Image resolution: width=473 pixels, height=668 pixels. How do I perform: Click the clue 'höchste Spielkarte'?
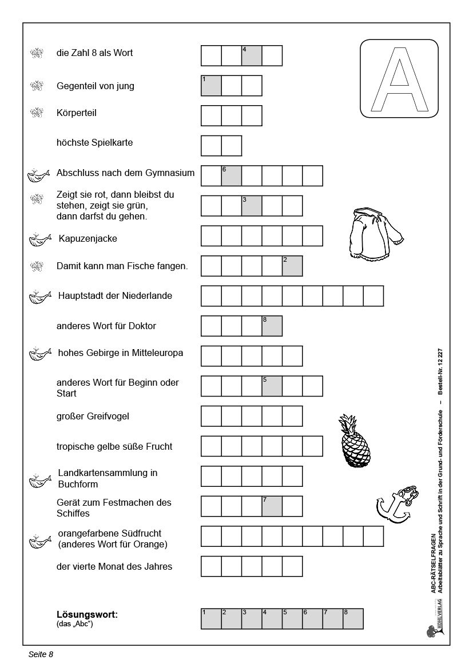pos(94,143)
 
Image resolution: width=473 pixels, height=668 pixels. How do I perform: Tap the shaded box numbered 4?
pos(252,56)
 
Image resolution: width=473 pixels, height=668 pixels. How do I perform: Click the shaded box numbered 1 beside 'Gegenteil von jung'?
pos(211,86)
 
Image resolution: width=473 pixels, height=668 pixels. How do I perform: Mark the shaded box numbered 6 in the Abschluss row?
pos(232,176)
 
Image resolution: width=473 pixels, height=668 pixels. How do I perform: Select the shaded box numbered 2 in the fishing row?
pos(292,266)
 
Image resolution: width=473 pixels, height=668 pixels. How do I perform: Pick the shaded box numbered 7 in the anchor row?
pos(272,506)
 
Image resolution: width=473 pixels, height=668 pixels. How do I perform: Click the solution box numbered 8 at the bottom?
pos(353,619)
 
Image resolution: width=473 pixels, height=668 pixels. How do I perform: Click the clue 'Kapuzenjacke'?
pos(88,239)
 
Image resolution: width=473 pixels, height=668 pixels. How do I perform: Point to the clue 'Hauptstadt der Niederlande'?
pos(115,296)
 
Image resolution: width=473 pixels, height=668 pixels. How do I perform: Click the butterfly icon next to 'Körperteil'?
pos(37,113)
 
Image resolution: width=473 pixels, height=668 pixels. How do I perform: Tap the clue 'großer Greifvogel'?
pos(93,417)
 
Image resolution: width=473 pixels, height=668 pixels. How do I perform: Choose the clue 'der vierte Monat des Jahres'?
pos(114,567)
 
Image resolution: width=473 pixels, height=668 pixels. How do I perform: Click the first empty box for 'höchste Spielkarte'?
pos(211,146)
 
